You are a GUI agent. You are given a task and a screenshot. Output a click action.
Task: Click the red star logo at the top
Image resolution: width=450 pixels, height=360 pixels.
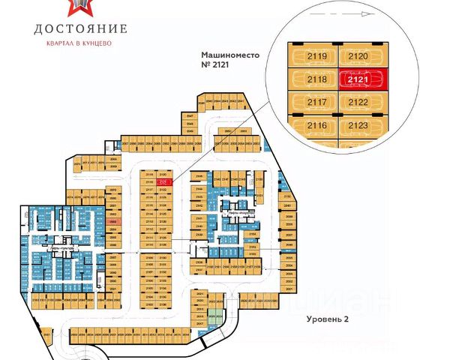[80, 6]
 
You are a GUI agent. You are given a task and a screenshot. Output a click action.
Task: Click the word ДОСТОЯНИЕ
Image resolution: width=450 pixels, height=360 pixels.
[80, 29]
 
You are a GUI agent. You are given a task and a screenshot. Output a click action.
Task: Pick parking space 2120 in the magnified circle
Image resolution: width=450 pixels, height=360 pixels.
[360, 55]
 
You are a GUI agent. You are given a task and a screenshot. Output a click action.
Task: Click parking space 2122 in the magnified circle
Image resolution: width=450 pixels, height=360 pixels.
[360, 102]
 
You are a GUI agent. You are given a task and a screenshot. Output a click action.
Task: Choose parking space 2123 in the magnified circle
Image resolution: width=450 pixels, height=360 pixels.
[360, 125]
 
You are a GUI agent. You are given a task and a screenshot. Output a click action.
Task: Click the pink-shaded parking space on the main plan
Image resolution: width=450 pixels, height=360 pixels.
[112, 222]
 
